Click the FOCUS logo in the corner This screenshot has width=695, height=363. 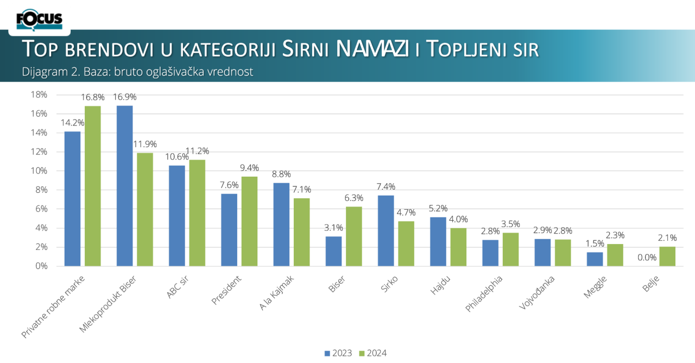[39, 21]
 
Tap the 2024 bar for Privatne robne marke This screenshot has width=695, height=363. [93, 186]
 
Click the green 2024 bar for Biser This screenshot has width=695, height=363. [354, 236]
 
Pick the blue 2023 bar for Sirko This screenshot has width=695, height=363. [386, 231]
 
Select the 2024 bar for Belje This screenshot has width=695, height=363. [667, 256]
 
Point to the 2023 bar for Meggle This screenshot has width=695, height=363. [595, 259]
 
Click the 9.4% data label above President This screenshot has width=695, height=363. [250, 167]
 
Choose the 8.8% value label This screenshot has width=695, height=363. [281, 174]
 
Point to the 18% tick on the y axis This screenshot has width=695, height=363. [39, 95]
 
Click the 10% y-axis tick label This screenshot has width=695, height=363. [39, 171]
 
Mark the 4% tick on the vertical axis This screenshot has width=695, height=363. [41, 228]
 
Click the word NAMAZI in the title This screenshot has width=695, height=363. [372, 49]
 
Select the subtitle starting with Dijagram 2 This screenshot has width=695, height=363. [137, 72]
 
